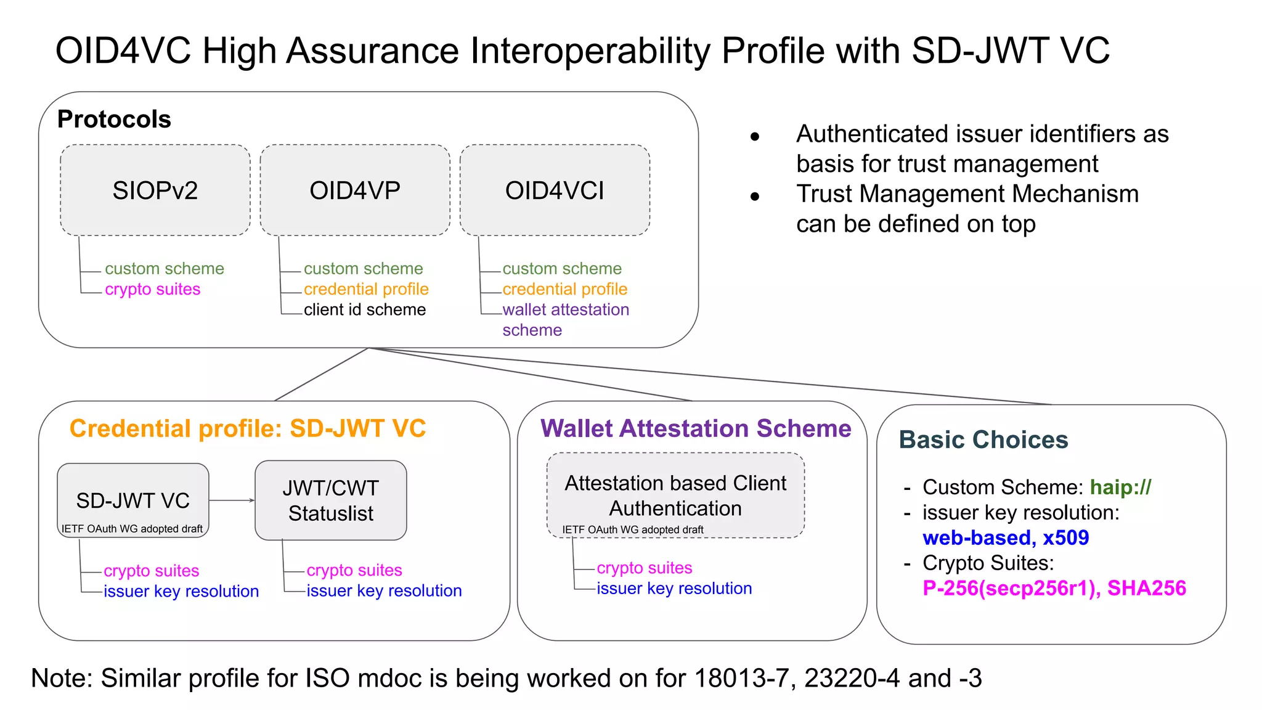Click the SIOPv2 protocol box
tap(155, 190)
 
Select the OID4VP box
tap(355, 190)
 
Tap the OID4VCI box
tap(555, 190)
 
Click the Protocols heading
tap(114, 119)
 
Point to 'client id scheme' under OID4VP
tap(364, 309)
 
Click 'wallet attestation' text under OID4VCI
tap(565, 309)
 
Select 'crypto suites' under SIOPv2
tap(152, 289)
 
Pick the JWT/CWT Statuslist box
tap(331, 500)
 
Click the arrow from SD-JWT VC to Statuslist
tap(232, 500)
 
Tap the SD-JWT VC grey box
tap(133, 500)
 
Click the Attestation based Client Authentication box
tap(675, 496)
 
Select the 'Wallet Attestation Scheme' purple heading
tap(696, 428)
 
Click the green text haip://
tap(1120, 488)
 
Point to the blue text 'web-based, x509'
tap(1005, 538)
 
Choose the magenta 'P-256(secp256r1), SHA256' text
tap(1054, 589)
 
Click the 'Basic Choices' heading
tap(983, 440)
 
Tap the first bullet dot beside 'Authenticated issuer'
tap(755, 137)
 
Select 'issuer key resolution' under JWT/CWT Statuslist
tap(384, 590)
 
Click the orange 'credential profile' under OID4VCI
tap(564, 289)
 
